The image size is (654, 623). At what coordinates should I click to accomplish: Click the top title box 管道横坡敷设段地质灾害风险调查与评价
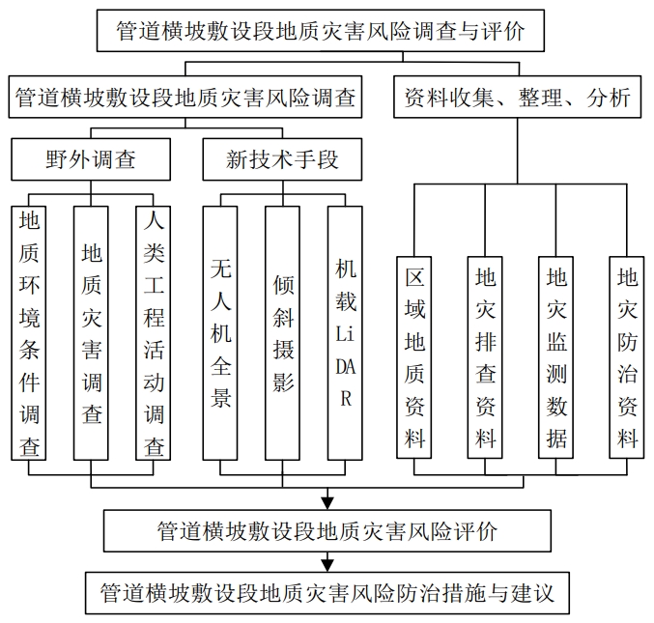[x=327, y=31]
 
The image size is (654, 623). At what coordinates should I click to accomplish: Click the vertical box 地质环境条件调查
[x=29, y=333]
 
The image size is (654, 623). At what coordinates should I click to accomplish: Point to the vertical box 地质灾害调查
[x=91, y=333]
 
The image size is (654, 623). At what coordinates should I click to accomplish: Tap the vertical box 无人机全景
[x=221, y=333]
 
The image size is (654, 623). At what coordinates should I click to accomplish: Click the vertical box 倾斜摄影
[x=283, y=333]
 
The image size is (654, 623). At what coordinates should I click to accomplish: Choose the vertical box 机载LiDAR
[x=346, y=333]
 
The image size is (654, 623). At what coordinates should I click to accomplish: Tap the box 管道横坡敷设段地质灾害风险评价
[x=327, y=530]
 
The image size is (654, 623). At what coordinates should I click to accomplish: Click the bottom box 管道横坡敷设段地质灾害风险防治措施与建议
[x=327, y=590]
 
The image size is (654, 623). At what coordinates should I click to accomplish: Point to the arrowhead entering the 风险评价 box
[x=327, y=501]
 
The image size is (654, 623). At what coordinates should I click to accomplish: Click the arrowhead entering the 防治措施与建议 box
[x=327, y=562]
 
